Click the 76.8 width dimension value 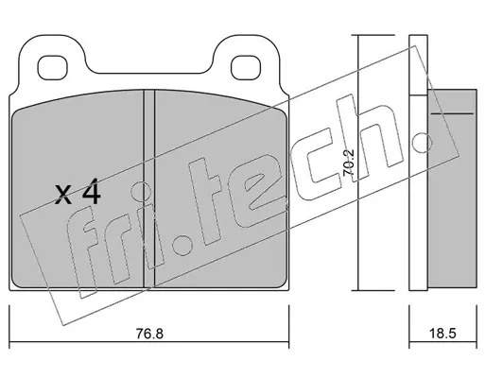[x=149, y=334]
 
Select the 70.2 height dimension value [x=349, y=163]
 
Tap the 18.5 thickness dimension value [x=443, y=334]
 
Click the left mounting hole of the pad [x=53, y=67]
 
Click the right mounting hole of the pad [x=246, y=67]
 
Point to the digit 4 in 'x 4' [x=91, y=192]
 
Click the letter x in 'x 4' [x=63, y=195]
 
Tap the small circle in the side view [x=422, y=143]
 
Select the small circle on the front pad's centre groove [x=141, y=192]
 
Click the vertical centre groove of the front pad [x=149, y=188]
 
